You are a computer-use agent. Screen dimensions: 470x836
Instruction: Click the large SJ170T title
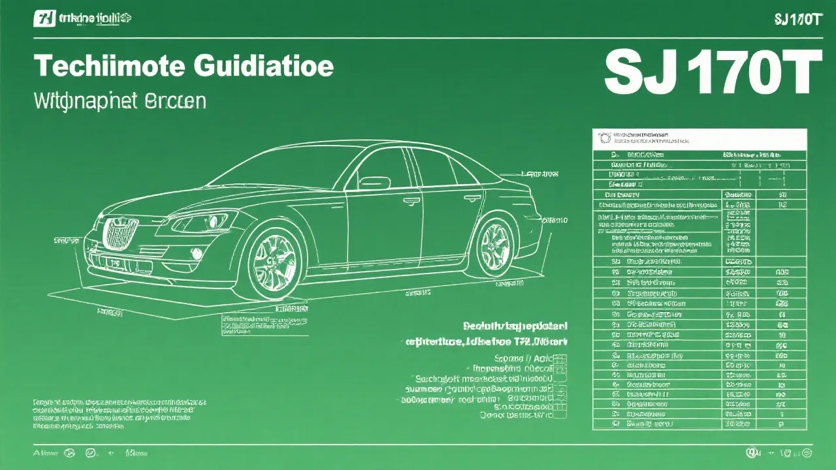pos(712,73)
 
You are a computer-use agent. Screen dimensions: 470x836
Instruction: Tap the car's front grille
pos(121,232)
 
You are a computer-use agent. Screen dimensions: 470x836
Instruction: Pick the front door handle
pos(411,201)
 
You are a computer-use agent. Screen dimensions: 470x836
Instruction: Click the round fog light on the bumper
pos(197,253)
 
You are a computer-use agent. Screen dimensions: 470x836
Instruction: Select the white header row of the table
pos(699,138)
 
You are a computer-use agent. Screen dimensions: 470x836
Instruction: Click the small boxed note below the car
pos(264,325)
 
